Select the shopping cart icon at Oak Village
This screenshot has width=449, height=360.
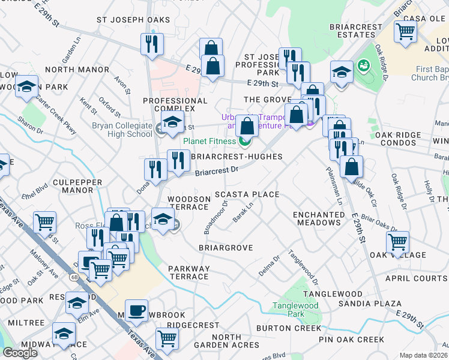397,242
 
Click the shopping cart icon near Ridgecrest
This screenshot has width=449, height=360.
166,338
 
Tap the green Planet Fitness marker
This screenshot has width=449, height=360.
244,142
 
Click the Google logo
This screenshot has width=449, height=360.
20,352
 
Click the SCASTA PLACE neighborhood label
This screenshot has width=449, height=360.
247,194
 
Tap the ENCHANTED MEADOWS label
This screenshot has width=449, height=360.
318,218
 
